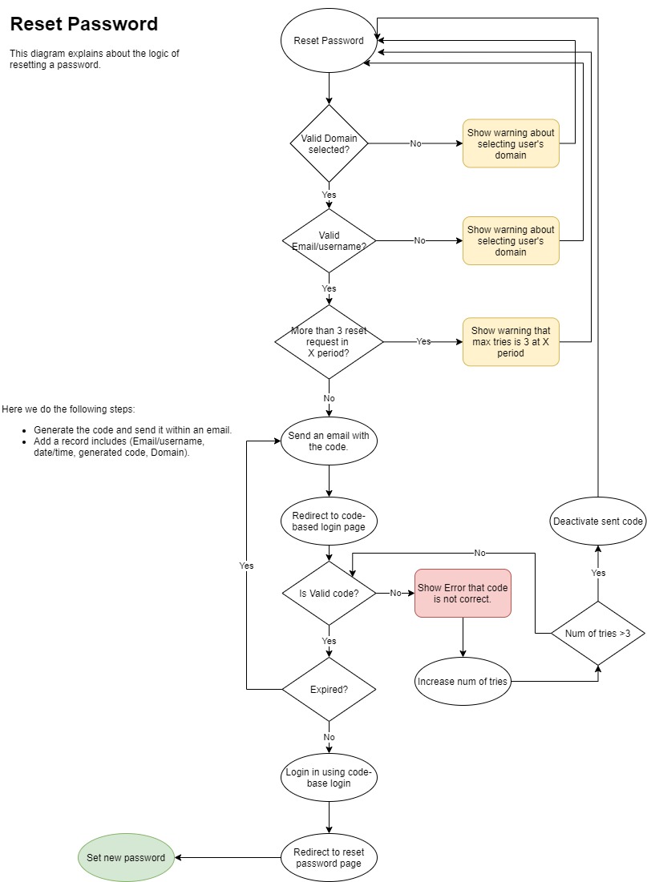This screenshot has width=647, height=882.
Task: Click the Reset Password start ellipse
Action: tap(329, 41)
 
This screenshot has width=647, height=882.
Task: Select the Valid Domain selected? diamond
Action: tap(329, 144)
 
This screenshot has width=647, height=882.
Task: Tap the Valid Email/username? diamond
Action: tap(329, 240)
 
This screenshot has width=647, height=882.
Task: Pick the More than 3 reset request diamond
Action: tap(329, 342)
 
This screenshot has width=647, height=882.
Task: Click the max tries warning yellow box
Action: tap(510, 342)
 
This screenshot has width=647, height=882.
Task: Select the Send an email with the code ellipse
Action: tap(329, 441)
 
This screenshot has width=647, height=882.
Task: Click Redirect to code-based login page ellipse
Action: tap(329, 521)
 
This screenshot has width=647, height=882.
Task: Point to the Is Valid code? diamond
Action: tap(329, 594)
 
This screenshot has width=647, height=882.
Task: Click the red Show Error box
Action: tap(463, 593)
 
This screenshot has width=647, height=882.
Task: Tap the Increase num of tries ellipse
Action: tap(463, 682)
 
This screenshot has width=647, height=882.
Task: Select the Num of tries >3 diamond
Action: tap(597, 634)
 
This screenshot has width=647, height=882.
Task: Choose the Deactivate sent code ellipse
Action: tap(597, 522)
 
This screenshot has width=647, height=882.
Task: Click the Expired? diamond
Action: tap(329, 689)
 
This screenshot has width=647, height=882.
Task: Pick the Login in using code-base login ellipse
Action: tap(329, 777)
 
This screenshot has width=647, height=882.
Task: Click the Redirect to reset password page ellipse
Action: tap(329, 857)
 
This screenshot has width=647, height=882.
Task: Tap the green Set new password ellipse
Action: tap(126, 857)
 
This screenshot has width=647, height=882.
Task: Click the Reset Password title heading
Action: tap(84, 24)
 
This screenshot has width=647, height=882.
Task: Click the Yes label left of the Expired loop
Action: tap(246, 566)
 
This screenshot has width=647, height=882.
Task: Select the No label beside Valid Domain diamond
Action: tap(415, 144)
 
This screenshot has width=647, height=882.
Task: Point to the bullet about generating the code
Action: tap(132, 430)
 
